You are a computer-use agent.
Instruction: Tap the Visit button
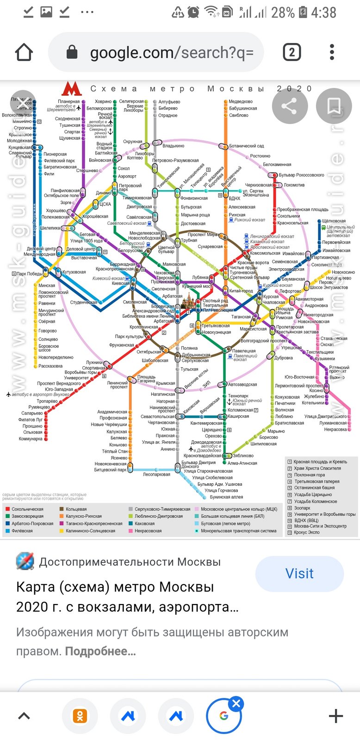click(x=299, y=573)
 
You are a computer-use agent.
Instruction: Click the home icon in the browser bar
click(x=24, y=52)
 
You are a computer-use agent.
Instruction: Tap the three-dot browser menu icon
click(x=332, y=52)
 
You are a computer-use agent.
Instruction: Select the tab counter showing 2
click(x=292, y=52)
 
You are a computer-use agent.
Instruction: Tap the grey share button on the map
click(x=290, y=106)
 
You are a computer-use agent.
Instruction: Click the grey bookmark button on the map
click(x=334, y=106)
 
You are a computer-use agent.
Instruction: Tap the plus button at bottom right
click(x=335, y=716)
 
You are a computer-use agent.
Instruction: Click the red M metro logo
click(x=72, y=89)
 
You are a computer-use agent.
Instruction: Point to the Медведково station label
click(x=241, y=102)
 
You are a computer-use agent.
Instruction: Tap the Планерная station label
click(x=68, y=102)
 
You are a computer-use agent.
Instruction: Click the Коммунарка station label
click(x=31, y=439)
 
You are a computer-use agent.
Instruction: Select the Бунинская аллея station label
click(x=226, y=497)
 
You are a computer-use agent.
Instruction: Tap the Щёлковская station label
click(x=334, y=221)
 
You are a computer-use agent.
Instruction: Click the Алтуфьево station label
click(x=169, y=102)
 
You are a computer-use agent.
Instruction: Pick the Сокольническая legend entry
click(x=27, y=509)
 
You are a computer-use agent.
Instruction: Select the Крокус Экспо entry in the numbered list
click(x=307, y=532)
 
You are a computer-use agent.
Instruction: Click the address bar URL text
click(x=171, y=53)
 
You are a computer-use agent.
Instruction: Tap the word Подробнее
click(x=100, y=652)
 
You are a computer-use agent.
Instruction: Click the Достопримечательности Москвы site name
click(x=130, y=562)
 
